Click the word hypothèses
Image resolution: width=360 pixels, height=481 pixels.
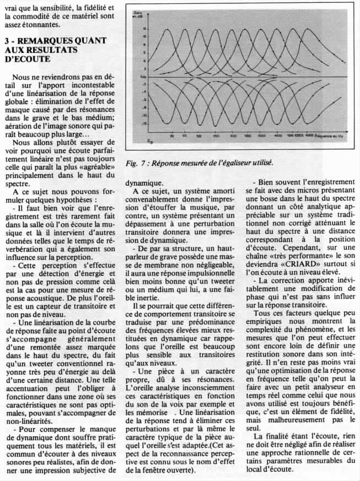tap(78, 199)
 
